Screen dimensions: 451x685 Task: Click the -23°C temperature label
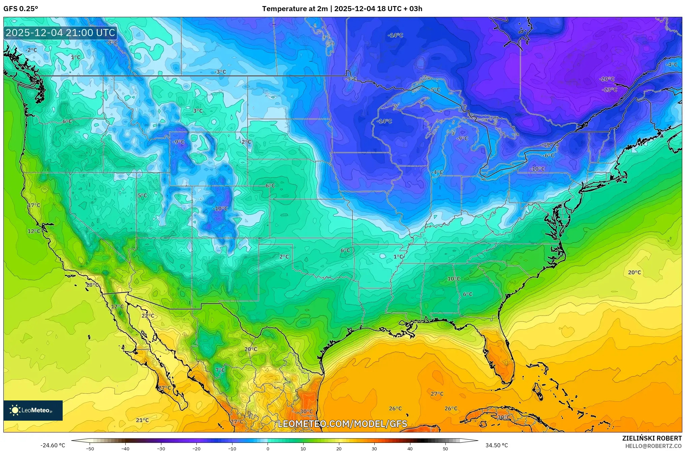610,90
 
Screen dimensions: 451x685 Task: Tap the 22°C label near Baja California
148,316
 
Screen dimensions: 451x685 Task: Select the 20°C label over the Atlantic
634,272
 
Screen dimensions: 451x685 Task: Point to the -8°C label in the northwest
112,43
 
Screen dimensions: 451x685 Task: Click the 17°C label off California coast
34,205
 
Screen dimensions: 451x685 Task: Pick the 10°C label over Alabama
454,279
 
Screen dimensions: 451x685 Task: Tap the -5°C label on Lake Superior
435,90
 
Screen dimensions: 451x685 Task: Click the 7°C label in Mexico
220,370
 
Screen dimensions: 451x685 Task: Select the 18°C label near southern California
92,285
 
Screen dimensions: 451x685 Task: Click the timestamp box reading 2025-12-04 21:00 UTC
61,33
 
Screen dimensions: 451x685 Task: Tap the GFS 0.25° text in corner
21,9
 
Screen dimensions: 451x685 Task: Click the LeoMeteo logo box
33,410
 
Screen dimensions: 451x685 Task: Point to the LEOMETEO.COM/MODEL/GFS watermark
342,424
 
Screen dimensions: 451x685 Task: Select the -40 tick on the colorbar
125,449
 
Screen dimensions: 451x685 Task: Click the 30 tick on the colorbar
374,449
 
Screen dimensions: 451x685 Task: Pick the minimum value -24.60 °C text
53,445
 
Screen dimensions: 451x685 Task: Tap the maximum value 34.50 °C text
496,445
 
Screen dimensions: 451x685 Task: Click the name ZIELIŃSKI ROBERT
652,438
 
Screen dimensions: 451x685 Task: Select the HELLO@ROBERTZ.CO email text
653,446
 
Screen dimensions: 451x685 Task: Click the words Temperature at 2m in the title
295,9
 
